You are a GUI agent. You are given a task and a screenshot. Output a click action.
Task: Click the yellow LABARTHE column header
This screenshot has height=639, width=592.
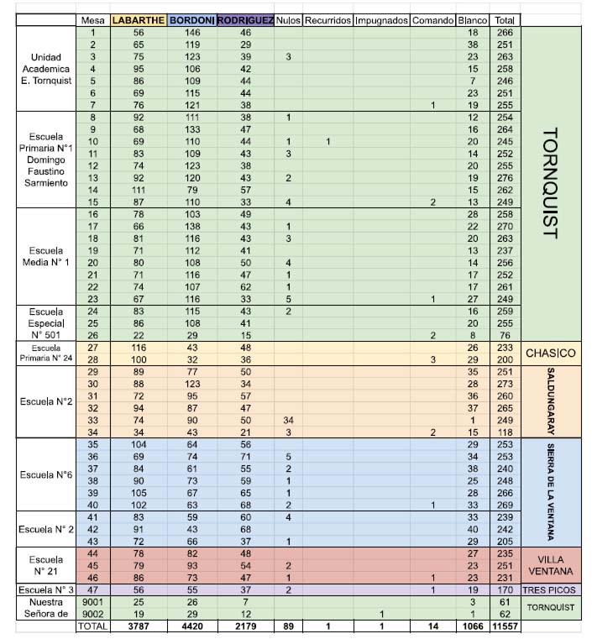point(139,20)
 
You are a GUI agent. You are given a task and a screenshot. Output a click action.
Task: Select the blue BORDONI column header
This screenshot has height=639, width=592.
point(192,20)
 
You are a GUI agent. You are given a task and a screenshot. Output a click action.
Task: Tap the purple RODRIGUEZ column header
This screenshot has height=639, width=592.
point(245,20)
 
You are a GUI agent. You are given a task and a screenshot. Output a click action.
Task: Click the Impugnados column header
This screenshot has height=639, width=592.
point(381,20)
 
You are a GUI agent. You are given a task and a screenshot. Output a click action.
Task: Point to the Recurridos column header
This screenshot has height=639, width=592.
point(328,20)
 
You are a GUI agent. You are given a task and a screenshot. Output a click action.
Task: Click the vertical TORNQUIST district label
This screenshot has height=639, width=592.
point(551,183)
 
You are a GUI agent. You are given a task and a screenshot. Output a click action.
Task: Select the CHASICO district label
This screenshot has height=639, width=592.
point(551,354)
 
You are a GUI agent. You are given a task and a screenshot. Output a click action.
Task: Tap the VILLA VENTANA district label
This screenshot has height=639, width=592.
point(551,565)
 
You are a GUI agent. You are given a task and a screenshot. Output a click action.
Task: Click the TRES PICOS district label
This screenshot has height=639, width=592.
point(549,590)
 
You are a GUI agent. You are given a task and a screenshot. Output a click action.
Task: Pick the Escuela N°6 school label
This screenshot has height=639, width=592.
point(46,474)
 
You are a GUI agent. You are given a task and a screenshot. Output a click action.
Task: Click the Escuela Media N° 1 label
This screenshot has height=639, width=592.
point(46,256)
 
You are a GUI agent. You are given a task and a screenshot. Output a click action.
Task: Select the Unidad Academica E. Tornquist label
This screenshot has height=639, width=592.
point(46,69)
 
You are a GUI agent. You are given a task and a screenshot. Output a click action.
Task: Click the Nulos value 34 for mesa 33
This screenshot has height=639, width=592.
point(289,420)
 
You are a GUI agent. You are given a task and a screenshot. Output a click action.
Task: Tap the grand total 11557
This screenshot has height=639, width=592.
point(505,626)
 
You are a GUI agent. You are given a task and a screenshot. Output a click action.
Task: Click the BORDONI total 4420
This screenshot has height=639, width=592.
point(192,626)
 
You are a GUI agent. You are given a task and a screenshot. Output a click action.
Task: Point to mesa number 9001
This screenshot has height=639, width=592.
point(93,602)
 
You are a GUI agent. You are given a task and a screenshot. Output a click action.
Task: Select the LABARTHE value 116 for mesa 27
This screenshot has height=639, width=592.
point(139,348)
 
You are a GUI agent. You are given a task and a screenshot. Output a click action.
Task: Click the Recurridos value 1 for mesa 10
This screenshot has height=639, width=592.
point(328,142)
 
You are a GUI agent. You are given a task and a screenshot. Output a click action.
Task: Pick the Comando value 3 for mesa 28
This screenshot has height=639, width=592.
point(433,360)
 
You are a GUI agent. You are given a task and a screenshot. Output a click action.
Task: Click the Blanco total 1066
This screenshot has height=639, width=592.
point(473,626)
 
